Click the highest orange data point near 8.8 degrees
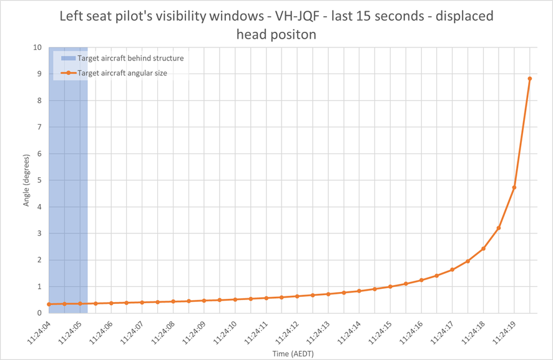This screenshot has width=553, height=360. pyautogui.click(x=530, y=79)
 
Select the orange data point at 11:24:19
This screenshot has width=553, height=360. pyautogui.click(x=514, y=188)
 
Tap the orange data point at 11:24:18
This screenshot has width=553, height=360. pyautogui.click(x=483, y=248)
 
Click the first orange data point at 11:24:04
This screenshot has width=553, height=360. pyautogui.click(x=49, y=304)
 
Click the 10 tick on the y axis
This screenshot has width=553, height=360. pyautogui.click(x=37, y=47)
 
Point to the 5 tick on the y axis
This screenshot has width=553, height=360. pyautogui.click(x=39, y=180)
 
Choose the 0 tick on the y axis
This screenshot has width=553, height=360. pyautogui.click(x=39, y=313)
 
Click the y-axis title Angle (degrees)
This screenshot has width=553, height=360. pyautogui.click(x=26, y=180)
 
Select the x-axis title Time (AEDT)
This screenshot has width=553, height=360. pyautogui.click(x=293, y=353)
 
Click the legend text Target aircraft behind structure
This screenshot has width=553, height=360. pyautogui.click(x=130, y=58)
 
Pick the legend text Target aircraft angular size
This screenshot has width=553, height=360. pyautogui.click(x=122, y=73)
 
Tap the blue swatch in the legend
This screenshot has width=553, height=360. pyautogui.click(x=69, y=58)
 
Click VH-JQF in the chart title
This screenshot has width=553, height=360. pyautogui.click(x=297, y=16)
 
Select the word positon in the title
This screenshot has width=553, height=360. pyautogui.click(x=294, y=34)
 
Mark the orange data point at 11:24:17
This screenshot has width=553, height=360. pyautogui.click(x=452, y=270)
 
